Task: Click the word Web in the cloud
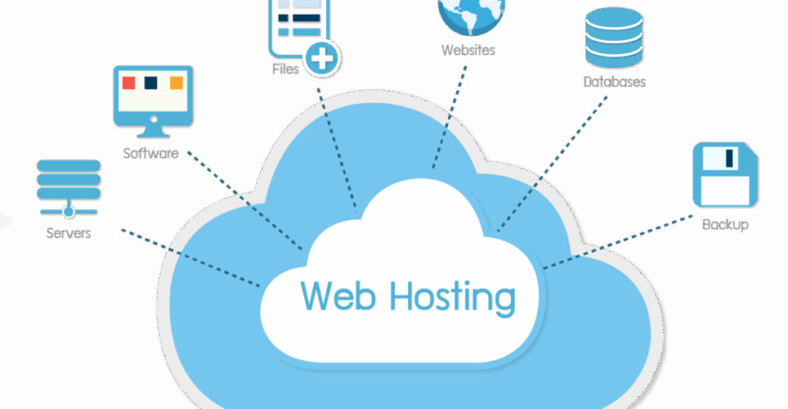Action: pyautogui.click(x=337, y=296)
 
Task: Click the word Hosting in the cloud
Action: pyautogui.click(x=453, y=298)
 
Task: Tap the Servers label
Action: pyautogui.click(x=69, y=233)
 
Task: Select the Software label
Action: pyautogui.click(x=151, y=153)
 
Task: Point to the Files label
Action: pyautogui.click(x=285, y=69)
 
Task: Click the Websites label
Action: pyautogui.click(x=468, y=50)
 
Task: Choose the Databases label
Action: pyautogui.click(x=614, y=82)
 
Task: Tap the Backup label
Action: pyautogui.click(x=725, y=224)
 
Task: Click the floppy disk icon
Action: pyautogui.click(x=725, y=175)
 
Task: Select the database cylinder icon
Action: pyautogui.click(x=614, y=37)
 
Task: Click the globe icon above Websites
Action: pyautogui.click(x=471, y=16)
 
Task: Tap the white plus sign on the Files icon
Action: pyautogui.click(x=322, y=59)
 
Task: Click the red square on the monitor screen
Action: pyautogui.click(x=128, y=83)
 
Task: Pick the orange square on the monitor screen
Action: pyautogui.click(x=177, y=83)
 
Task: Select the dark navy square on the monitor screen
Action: pyautogui.click(x=151, y=83)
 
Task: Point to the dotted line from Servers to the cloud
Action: pyautogui.click(x=191, y=258)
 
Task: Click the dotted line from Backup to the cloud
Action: pyautogui.click(x=618, y=242)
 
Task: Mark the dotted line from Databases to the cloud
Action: pyautogui.click(x=552, y=164)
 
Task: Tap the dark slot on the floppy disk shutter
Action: pyautogui.click(x=729, y=158)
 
